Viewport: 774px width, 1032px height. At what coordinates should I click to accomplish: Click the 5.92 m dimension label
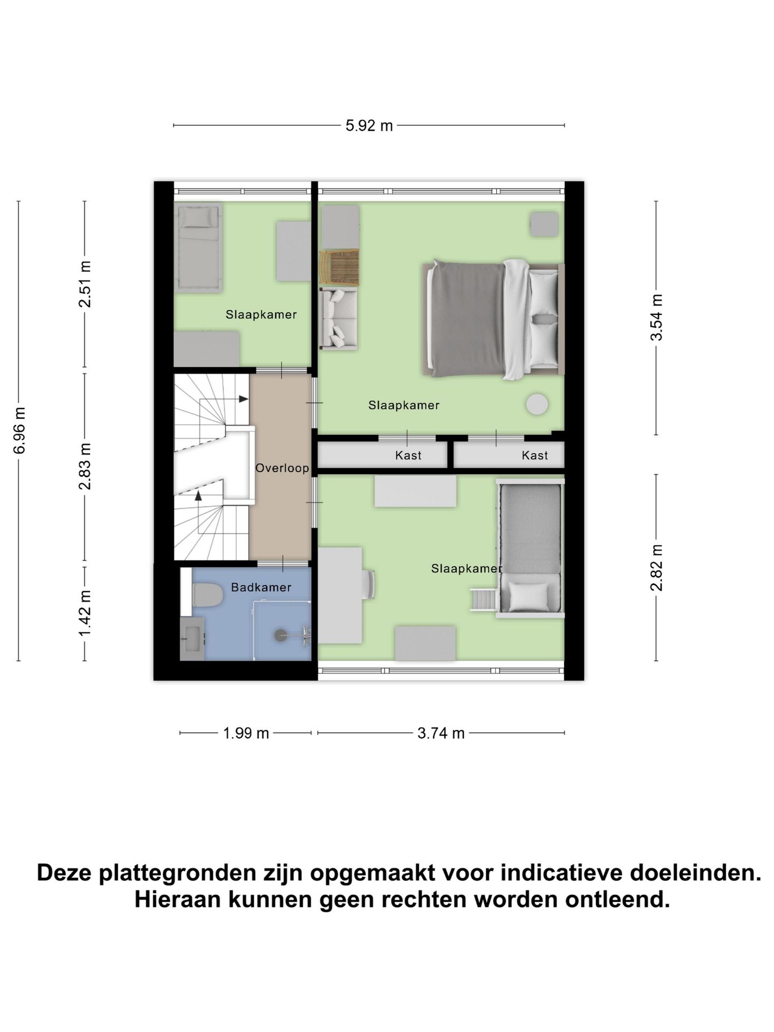click(369, 126)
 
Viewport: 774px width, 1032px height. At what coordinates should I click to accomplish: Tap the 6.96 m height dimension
click(20, 431)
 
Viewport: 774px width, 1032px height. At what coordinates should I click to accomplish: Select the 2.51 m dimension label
click(85, 284)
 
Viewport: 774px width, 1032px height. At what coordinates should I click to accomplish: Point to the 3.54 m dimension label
click(657, 318)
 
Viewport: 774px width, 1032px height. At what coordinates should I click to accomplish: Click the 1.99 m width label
click(246, 733)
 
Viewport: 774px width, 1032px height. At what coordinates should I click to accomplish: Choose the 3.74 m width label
click(441, 733)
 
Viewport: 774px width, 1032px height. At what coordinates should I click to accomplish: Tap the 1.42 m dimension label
click(85, 613)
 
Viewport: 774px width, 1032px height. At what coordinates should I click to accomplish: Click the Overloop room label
click(282, 468)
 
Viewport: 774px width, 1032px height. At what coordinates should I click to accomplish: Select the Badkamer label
click(261, 587)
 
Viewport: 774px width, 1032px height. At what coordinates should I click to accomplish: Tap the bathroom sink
click(192, 639)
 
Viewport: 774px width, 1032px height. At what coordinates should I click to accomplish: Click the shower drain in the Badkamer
click(281, 635)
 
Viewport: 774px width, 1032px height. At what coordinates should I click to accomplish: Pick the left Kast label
click(408, 456)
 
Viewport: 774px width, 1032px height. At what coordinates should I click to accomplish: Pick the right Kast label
click(534, 456)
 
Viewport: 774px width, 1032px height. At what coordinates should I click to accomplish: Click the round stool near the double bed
click(537, 404)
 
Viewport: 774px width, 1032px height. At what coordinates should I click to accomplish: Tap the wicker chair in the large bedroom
click(339, 267)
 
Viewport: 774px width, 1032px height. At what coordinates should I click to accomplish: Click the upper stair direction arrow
click(243, 399)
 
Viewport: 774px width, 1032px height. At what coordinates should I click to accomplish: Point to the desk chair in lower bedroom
click(369, 585)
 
